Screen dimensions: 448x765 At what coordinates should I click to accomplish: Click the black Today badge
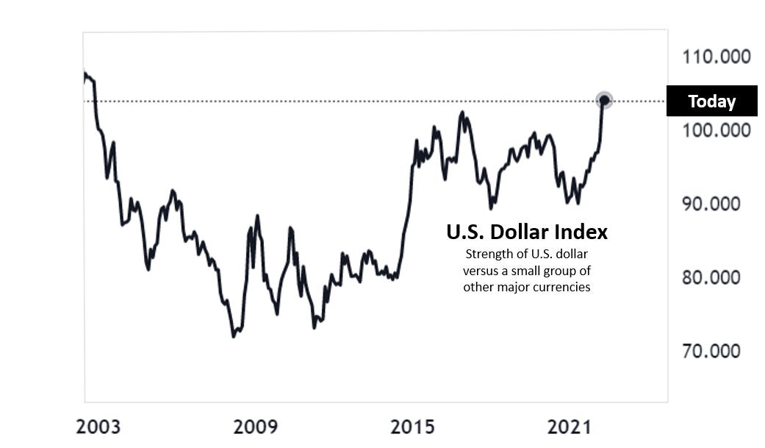[711, 102]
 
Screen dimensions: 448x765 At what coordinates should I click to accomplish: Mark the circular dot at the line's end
[604, 100]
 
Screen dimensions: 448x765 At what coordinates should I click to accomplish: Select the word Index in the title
[585, 232]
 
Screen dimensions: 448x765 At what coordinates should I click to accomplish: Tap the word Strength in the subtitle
[487, 255]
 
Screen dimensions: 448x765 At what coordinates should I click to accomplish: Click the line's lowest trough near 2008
[234, 336]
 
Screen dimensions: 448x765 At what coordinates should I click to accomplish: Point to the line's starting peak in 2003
[85, 74]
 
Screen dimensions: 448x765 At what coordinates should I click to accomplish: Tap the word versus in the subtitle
[480, 271]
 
